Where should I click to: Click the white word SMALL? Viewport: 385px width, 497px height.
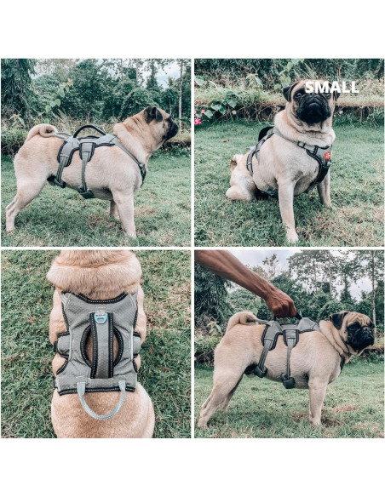tap(331, 87)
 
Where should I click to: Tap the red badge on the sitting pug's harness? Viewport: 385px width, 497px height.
tap(326, 156)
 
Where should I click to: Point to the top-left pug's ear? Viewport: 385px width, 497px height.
tap(154, 114)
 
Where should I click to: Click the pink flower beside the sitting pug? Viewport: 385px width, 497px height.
tap(198, 121)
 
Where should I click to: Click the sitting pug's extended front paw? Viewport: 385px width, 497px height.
tap(291, 236)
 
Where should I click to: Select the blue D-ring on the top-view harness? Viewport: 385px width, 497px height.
tap(101, 317)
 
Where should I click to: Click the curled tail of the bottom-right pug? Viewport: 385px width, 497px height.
tap(240, 320)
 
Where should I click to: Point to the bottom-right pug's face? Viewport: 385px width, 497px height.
tap(358, 332)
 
